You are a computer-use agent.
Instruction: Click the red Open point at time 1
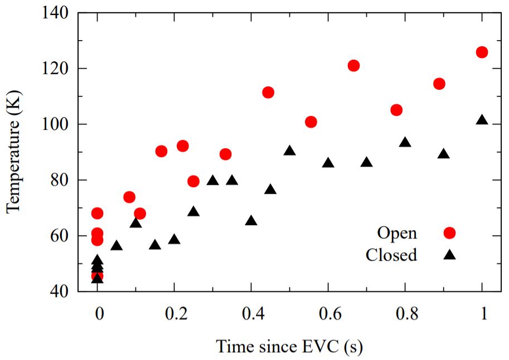pos(482,52)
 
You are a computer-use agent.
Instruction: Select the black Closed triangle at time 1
pos(482,120)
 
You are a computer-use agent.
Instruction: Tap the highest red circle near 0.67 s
pos(353,65)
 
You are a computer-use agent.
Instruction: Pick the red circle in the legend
pos(449,233)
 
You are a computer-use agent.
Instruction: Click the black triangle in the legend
pos(449,255)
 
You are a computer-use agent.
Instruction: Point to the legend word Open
pos(397,233)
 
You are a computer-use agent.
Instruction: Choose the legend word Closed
pos(391,255)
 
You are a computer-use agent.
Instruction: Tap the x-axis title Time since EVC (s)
pos(289,347)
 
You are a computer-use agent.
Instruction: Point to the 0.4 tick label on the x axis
pos(251,314)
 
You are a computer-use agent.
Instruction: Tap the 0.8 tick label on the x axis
pos(405,314)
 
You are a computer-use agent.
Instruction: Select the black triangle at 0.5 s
pos(289,150)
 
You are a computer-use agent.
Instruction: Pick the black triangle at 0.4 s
pos(251,220)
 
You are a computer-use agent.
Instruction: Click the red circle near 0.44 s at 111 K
pos(268,92)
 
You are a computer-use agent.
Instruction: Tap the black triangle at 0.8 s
pos(405,142)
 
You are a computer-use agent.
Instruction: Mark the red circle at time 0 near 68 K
pos(97,213)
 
